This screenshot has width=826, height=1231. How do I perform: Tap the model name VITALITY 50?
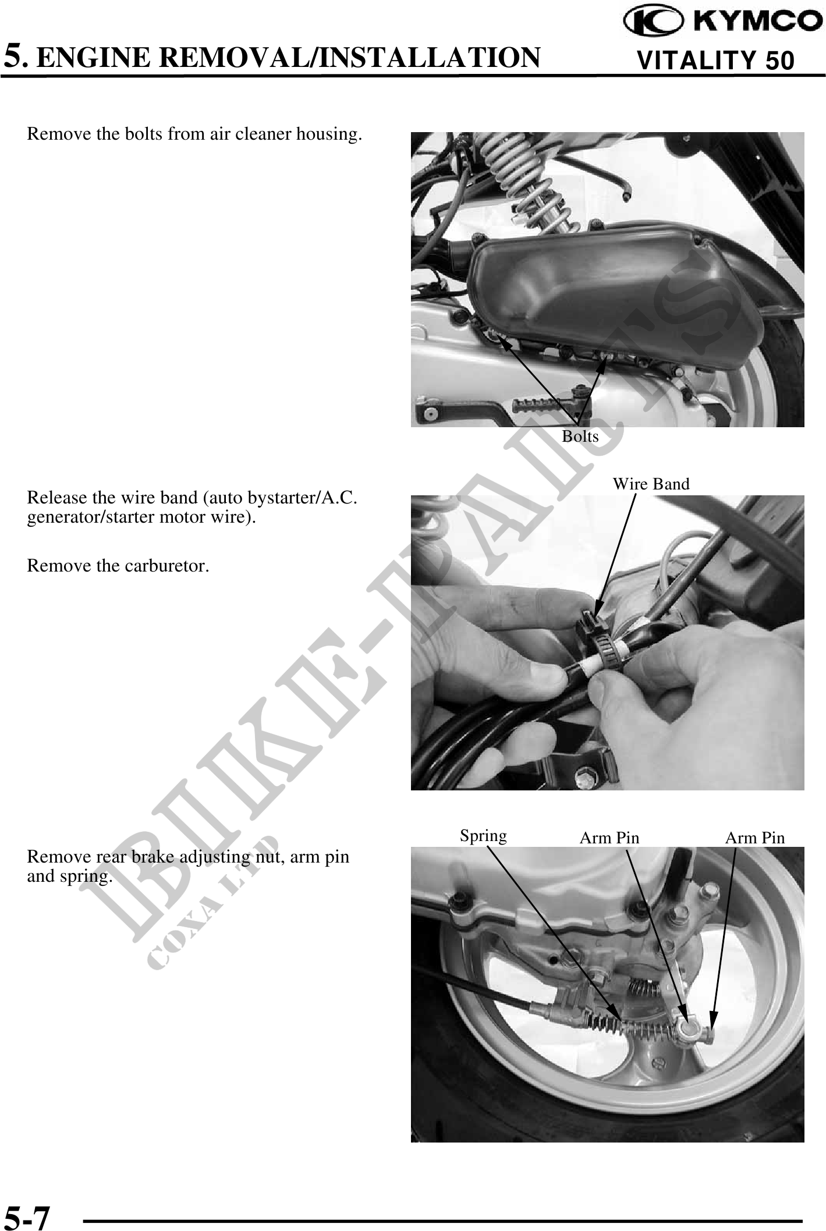point(715,61)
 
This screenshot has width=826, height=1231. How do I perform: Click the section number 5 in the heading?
point(15,56)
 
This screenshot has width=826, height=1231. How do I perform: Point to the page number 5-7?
point(27,1215)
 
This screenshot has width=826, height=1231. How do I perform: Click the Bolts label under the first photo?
point(580,436)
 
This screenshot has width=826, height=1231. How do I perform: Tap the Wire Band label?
point(651,484)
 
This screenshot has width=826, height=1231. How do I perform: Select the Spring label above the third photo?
point(483,836)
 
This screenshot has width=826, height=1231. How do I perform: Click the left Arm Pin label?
point(609,838)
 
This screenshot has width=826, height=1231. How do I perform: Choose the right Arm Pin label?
point(754,838)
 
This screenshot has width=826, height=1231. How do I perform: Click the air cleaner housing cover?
point(605,303)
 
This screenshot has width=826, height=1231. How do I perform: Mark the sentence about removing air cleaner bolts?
point(194,134)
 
